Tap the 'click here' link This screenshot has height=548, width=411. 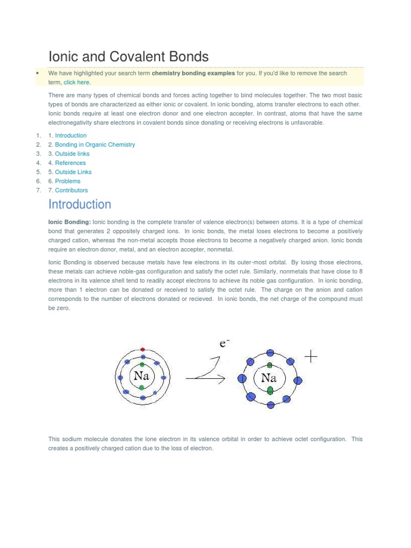[77, 82]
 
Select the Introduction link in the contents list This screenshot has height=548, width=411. [71, 135]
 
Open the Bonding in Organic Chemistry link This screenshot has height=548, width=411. [95, 144]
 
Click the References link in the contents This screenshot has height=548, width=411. [70, 163]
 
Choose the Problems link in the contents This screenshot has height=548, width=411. [67, 181]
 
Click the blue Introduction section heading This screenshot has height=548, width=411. [80, 204]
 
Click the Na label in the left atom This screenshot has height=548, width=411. [141, 376]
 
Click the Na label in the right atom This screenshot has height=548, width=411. [269, 378]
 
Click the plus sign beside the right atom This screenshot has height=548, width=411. [310, 357]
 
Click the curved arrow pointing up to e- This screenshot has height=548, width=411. [208, 368]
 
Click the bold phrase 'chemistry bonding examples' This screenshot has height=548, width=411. [193, 73]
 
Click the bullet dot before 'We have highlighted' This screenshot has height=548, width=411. [37, 73]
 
